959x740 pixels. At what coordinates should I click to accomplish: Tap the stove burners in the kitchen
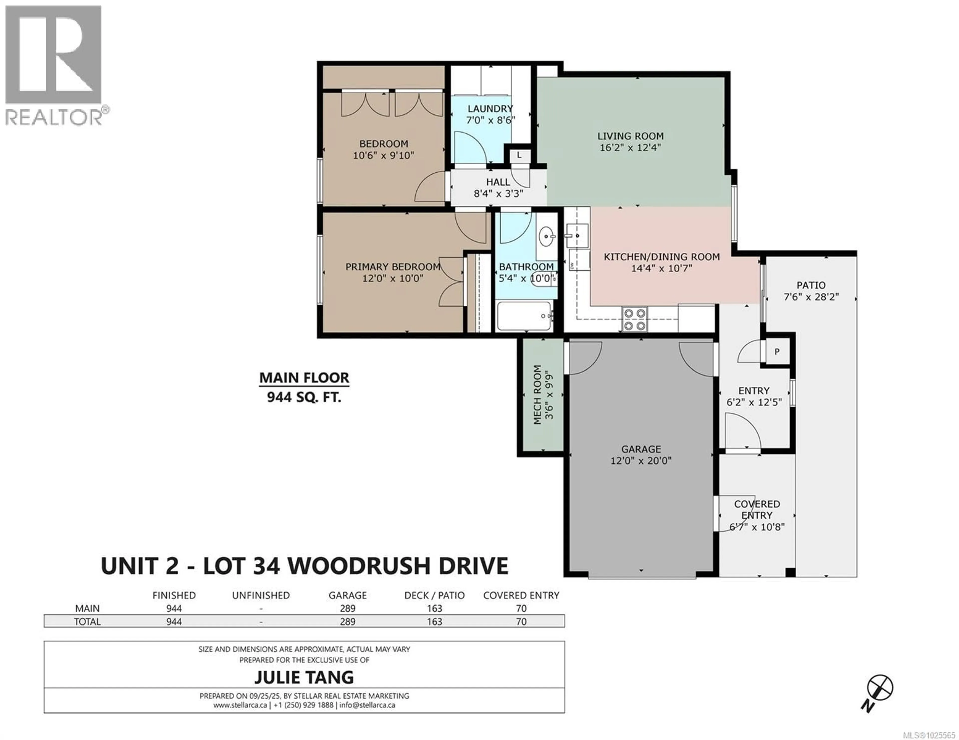click(x=635, y=319)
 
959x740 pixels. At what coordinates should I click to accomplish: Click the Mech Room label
click(x=537, y=395)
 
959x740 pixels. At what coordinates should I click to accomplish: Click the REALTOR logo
click(x=54, y=66)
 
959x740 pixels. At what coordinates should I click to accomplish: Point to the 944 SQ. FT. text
click(x=304, y=397)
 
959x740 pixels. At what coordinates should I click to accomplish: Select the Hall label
click(x=498, y=182)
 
